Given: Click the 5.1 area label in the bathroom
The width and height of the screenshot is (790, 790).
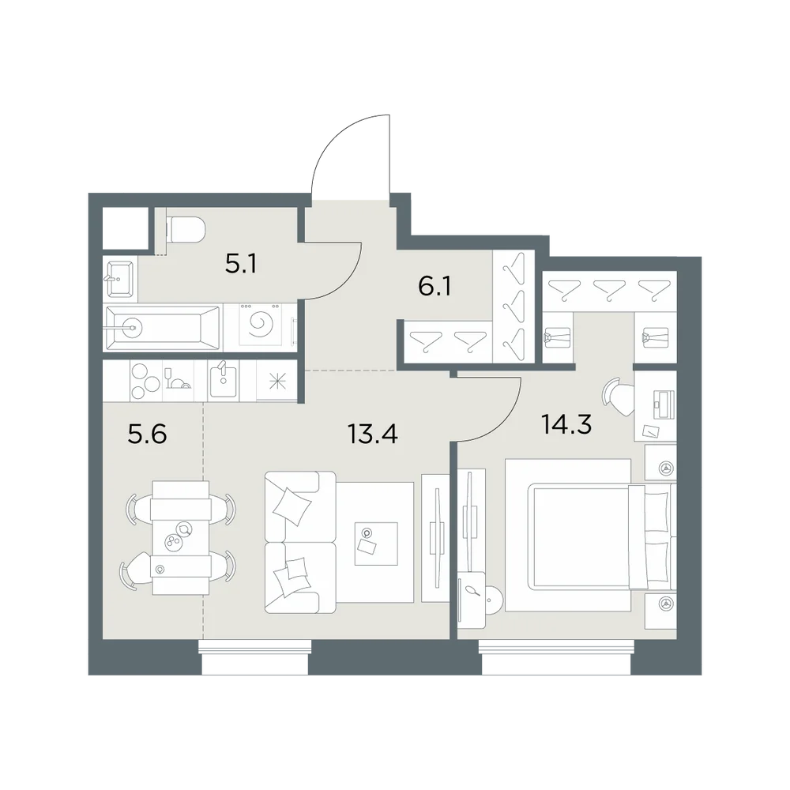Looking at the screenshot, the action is pyautogui.click(x=241, y=263).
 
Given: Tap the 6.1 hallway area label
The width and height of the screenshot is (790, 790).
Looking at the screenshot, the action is pyautogui.click(x=434, y=286).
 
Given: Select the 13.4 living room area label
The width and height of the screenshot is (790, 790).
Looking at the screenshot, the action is pyautogui.click(x=373, y=434).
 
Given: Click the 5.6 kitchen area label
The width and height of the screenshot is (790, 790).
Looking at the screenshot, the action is pyautogui.click(x=147, y=434).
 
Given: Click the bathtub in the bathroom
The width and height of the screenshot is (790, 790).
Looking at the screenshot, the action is pyautogui.click(x=162, y=328).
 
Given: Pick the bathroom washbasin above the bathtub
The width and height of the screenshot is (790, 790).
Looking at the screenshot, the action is pyautogui.click(x=119, y=278).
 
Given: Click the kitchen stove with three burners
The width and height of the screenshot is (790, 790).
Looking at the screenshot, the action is pyautogui.click(x=146, y=381).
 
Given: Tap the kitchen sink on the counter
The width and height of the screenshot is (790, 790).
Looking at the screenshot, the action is pyautogui.click(x=224, y=382).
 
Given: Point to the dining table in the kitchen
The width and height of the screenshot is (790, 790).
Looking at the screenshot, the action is pyautogui.click(x=180, y=537).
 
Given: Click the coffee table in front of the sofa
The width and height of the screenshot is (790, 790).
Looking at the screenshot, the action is pyautogui.click(x=376, y=544).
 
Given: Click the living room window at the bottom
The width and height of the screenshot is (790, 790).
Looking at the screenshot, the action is pyautogui.click(x=255, y=657).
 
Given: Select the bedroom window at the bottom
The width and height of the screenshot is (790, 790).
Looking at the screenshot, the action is pyautogui.click(x=556, y=657).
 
